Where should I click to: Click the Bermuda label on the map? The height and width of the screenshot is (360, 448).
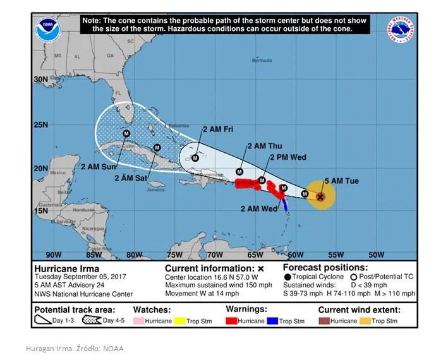pos(262,61)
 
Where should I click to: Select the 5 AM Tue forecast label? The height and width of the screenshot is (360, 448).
pos(341,181)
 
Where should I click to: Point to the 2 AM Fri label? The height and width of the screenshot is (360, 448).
pos(218,129)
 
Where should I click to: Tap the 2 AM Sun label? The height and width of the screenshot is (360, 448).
pos(99,167)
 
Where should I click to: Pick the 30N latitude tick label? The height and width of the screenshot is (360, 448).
pos(40,80)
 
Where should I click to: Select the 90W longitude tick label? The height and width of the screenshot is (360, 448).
pos(54,255)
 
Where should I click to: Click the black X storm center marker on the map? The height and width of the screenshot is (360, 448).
pos(320,196)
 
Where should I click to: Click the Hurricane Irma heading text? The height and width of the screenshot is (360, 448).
pos(60,268)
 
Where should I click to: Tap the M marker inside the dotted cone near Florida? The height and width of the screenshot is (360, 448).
pos(126,133)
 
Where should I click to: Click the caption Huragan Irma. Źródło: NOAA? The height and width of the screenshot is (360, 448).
pos(75,349)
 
